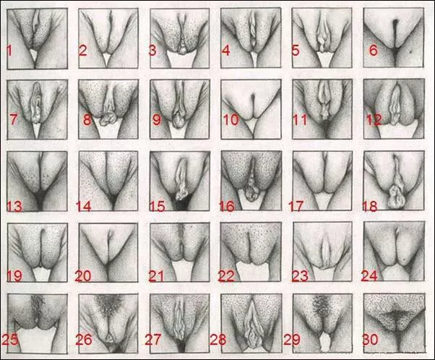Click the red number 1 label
point(9,50)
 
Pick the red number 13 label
point(14,207)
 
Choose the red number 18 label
point(372,207)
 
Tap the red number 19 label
point(14,275)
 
